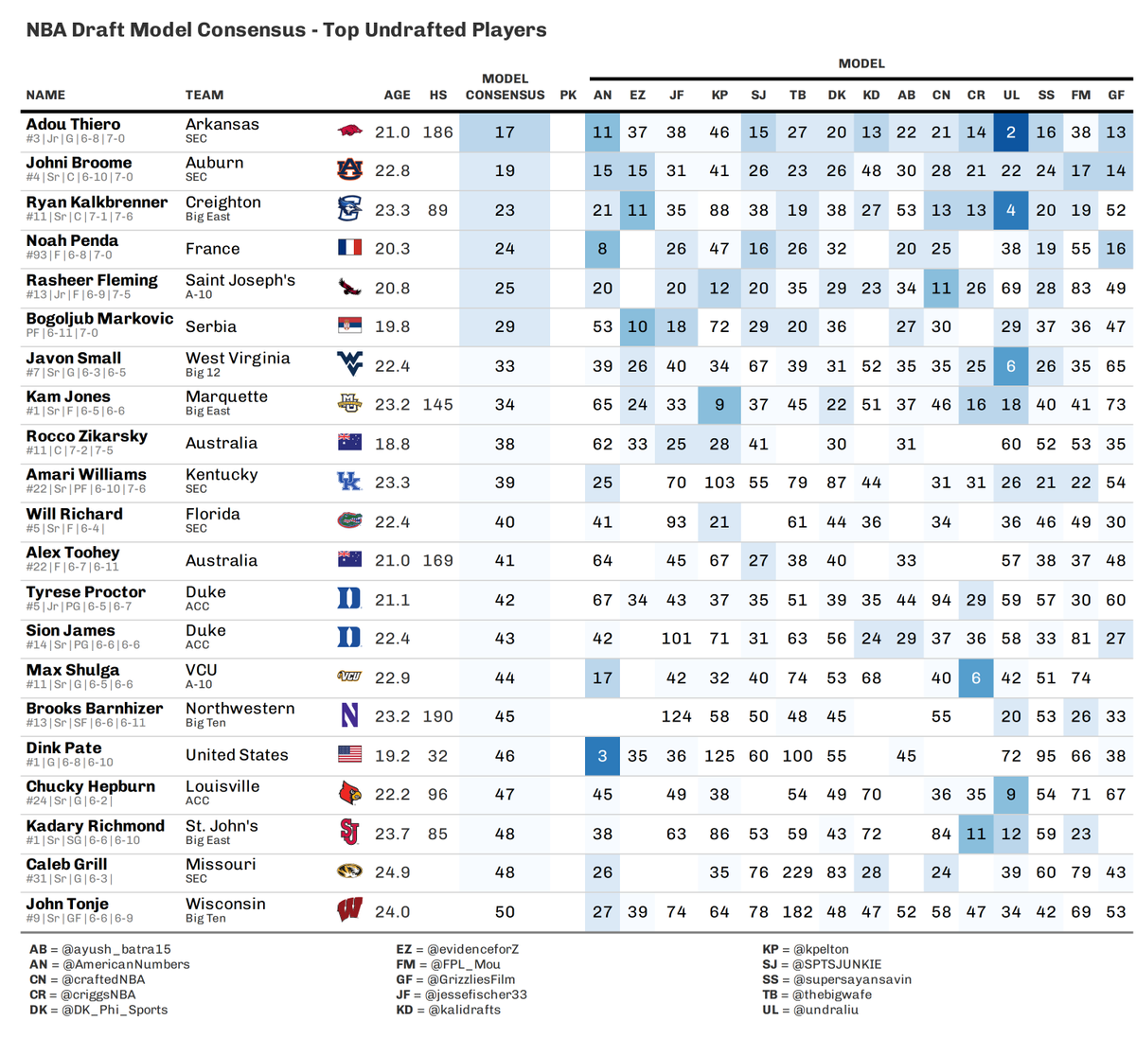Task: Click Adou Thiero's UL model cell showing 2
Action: coord(1011,132)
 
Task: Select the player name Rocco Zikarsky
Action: coord(87,436)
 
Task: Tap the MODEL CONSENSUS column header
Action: coord(505,87)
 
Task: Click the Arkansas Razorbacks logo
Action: coord(349,132)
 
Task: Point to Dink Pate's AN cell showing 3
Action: coord(602,756)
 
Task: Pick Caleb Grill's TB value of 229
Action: coord(797,872)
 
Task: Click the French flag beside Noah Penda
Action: coord(349,248)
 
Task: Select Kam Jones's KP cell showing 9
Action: coord(719,405)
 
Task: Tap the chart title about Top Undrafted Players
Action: coord(286,29)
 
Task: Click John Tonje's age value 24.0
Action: coord(392,912)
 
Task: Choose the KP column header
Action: coord(719,95)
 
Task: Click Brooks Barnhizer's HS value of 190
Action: coord(437,716)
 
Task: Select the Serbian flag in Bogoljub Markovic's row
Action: coord(349,326)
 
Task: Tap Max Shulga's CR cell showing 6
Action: coord(976,677)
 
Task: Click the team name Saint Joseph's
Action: coord(240,280)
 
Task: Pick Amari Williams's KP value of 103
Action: coord(719,483)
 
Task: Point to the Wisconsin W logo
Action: coord(349,911)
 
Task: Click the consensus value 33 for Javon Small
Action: coord(505,366)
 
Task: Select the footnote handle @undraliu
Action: coord(825,1010)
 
